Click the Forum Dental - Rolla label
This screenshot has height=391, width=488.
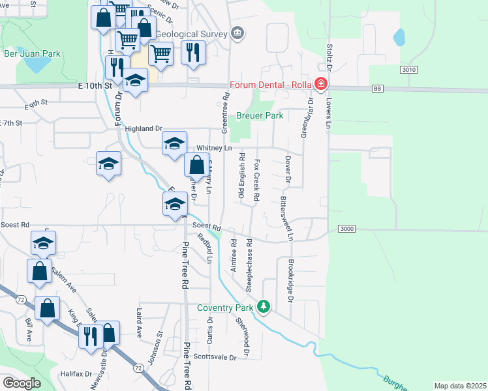pyautogui.click(x=269, y=84)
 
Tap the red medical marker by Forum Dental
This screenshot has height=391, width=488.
pyautogui.click(x=320, y=84)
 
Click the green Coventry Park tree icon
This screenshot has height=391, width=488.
pyautogui.click(x=264, y=306)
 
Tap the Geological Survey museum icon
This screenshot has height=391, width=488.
pyautogui.click(x=237, y=33)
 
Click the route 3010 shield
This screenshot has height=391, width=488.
pyautogui.click(x=409, y=70)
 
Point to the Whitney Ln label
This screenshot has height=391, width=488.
pyautogui.click(x=219, y=149)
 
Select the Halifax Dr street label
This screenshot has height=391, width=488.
pyautogui.click(x=76, y=374)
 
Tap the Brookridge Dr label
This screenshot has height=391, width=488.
pyautogui.click(x=290, y=283)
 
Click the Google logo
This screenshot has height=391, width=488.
pyautogui.click(x=22, y=383)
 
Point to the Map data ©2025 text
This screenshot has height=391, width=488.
pyautogui.click(x=460, y=386)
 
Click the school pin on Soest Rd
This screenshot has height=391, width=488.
pyautogui.click(x=174, y=205)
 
